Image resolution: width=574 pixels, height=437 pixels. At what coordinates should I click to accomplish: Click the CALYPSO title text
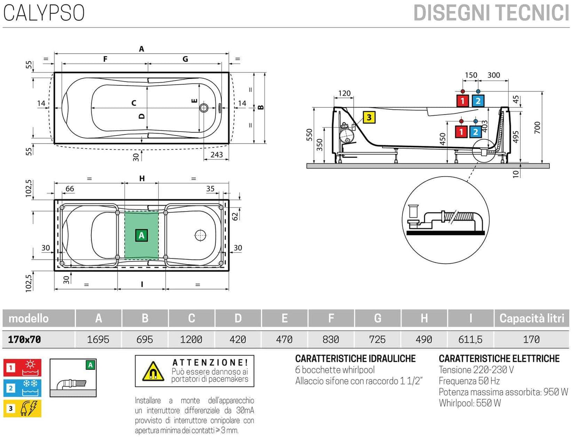tap(44, 13)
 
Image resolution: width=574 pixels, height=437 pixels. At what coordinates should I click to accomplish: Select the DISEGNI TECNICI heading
tap(491, 13)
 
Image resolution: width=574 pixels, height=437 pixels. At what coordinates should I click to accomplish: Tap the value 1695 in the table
tap(98, 339)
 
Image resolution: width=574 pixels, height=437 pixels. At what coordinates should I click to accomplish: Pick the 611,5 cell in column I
tap(470, 339)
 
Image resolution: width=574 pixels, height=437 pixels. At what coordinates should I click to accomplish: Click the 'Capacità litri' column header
tap(531, 318)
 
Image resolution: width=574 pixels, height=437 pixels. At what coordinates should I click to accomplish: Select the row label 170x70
tap(25, 339)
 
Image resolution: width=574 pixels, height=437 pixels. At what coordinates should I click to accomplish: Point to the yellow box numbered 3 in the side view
tap(369, 117)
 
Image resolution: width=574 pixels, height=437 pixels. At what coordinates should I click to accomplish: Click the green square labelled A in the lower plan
tap(141, 235)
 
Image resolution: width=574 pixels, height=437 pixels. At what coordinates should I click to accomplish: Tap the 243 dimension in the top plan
tap(216, 155)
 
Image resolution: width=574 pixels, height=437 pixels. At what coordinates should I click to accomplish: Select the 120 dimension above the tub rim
tap(344, 93)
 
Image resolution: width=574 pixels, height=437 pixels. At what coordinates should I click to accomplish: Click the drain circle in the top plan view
tap(204, 108)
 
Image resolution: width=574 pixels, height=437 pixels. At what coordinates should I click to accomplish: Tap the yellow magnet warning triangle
tap(153, 371)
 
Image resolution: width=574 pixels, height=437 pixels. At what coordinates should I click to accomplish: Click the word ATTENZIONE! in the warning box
tap(210, 362)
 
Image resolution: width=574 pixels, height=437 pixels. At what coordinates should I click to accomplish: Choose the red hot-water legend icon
tap(22, 368)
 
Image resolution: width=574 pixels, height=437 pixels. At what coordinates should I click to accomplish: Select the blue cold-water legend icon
tap(22, 388)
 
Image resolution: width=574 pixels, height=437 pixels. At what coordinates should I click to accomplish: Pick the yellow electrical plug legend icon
tap(22, 408)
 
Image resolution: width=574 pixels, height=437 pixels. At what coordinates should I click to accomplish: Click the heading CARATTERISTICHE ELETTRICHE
tap(499, 359)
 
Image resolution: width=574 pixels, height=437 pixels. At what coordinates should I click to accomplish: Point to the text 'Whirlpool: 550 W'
tap(470, 403)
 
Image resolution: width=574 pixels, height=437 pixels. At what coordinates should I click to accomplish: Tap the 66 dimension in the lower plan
tap(70, 189)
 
